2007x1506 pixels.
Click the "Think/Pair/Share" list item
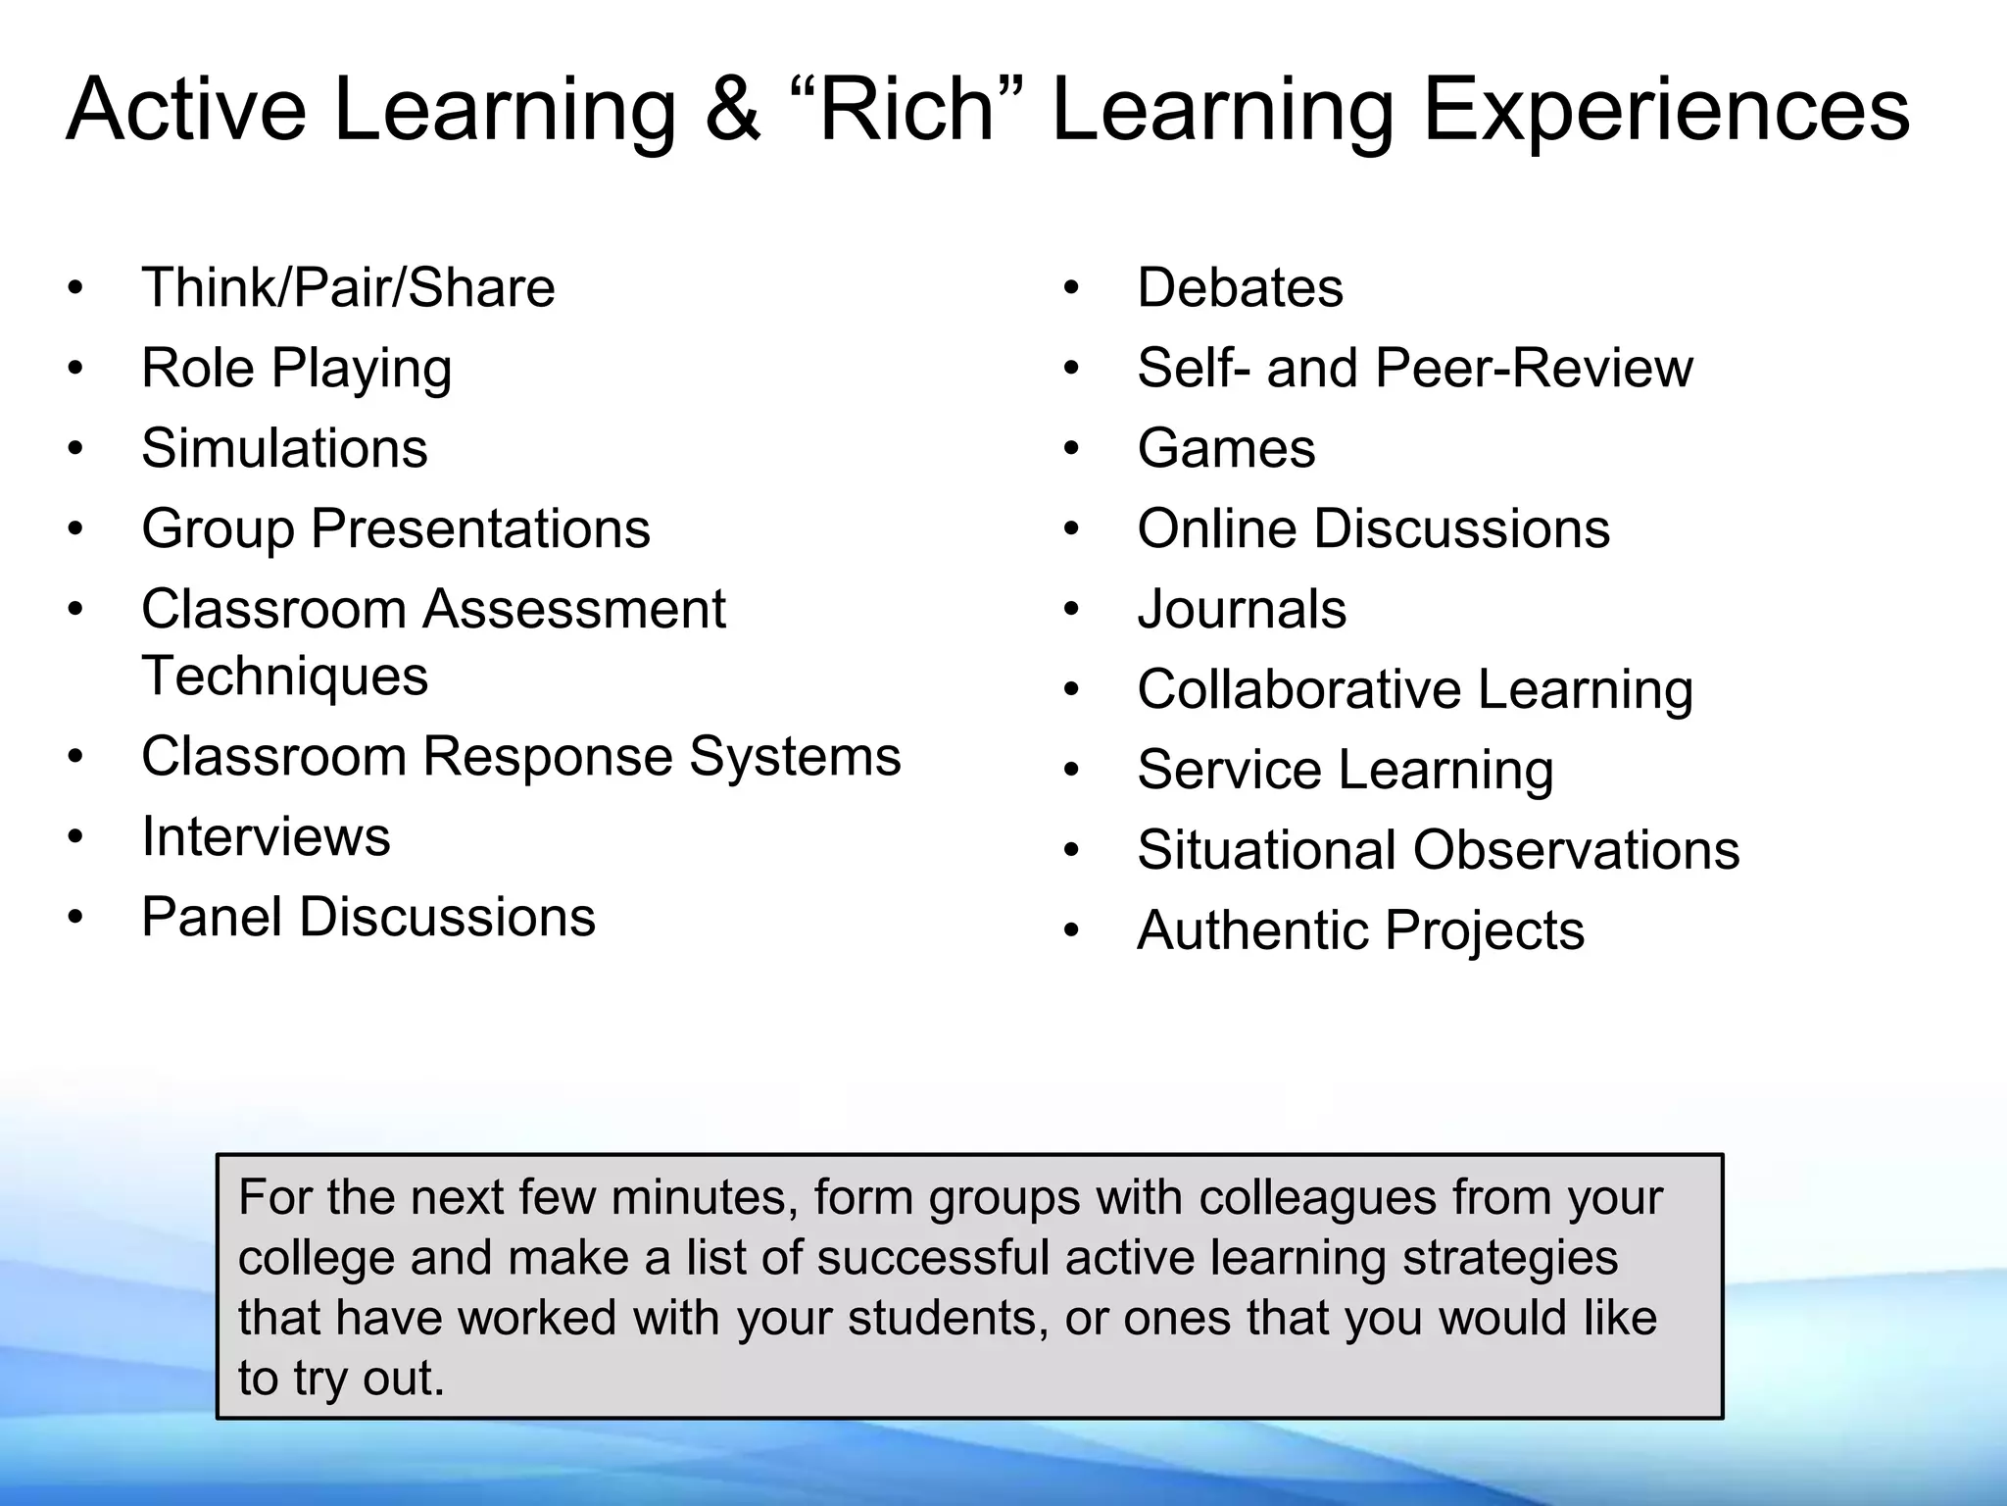coord(348,288)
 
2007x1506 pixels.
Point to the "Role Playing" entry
coord(296,370)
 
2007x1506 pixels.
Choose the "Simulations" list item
coord(284,449)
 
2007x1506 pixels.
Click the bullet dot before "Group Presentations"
coord(76,529)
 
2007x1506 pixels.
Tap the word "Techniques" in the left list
coord(284,677)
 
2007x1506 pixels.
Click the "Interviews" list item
coord(266,837)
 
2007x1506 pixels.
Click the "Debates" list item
coord(1240,288)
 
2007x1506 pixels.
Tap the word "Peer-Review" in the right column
coord(1534,369)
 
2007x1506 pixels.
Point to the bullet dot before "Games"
coord(1071,449)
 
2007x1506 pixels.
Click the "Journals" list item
coord(1242,610)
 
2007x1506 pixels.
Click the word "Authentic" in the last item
coord(1253,930)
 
